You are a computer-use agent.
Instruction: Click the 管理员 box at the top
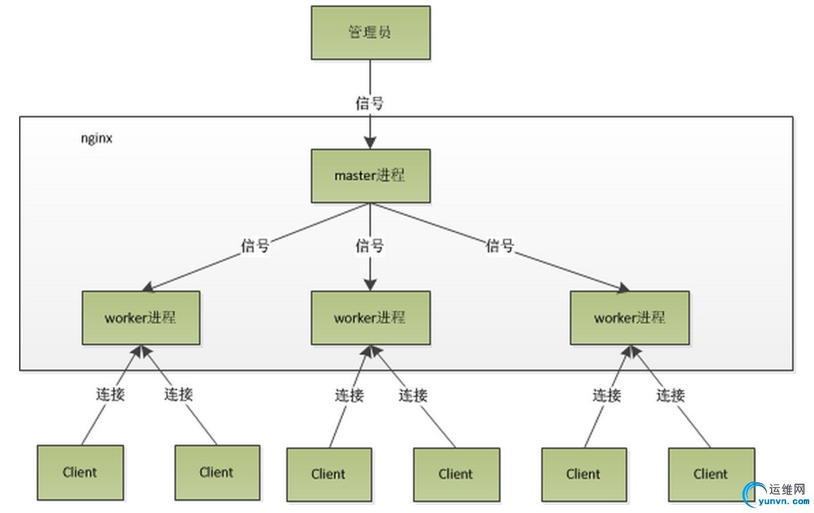tap(370, 32)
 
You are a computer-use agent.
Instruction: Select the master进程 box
tap(370, 175)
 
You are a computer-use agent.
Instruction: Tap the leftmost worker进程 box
tap(141, 318)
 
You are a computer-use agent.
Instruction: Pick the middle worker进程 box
tap(370, 318)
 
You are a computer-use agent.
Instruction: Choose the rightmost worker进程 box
tap(630, 318)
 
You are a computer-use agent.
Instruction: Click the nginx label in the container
tap(96, 138)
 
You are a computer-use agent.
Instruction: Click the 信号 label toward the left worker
tap(255, 246)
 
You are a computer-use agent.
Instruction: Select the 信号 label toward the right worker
tap(500, 246)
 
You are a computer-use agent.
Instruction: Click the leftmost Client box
tap(80, 472)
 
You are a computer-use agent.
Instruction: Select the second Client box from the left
tap(217, 472)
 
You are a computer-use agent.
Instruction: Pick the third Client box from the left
tap(329, 474)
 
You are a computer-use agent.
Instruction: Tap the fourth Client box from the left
tap(455, 474)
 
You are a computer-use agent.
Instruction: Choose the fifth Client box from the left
tap(584, 474)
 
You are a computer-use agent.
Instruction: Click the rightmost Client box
tap(710, 474)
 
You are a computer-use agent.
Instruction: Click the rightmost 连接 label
tap(671, 395)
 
